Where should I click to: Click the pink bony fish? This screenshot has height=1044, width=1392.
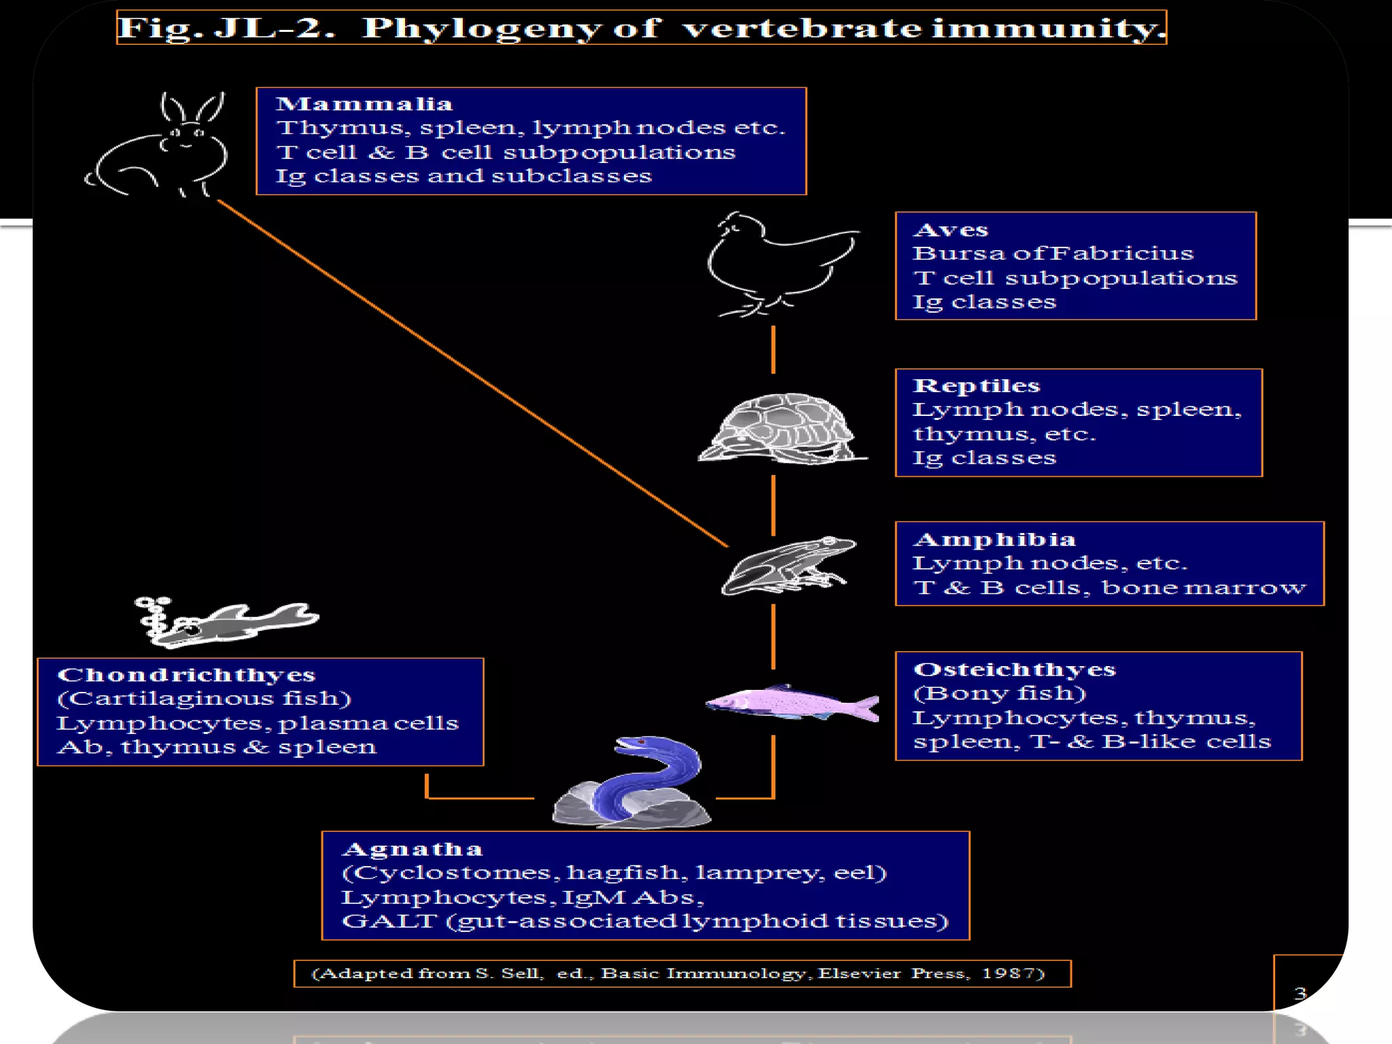tap(792, 702)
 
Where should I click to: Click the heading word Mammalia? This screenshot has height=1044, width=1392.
tap(364, 104)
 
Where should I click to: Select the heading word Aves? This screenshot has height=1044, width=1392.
tap(950, 230)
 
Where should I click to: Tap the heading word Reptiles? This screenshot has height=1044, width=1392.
tap(976, 385)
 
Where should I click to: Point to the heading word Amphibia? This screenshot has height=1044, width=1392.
tap(994, 540)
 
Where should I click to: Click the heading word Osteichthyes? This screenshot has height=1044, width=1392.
tap(1014, 669)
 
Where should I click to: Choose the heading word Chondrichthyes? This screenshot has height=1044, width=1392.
tap(186, 675)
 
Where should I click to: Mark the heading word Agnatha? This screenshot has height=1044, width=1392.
tap(413, 849)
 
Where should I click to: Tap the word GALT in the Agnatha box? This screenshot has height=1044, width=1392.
tap(389, 921)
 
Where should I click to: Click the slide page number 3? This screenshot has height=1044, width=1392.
tap(1300, 993)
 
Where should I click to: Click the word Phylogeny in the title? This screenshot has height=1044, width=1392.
tap(481, 29)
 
